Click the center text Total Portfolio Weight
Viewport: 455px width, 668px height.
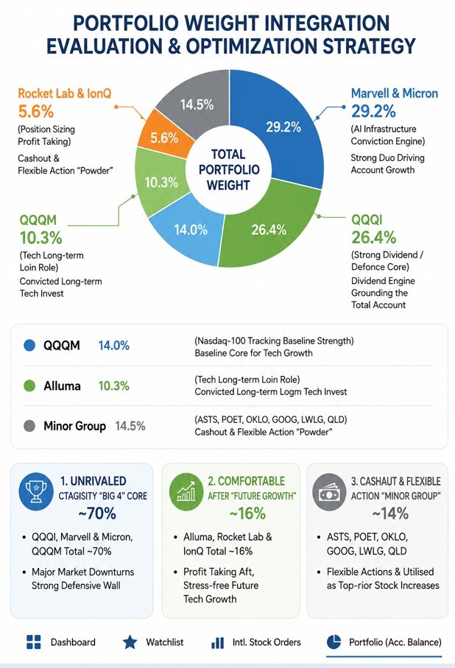click(229, 169)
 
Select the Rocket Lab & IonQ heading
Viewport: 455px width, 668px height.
click(64, 93)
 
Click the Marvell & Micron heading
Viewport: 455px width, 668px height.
click(395, 93)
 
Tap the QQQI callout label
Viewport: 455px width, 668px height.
click(367, 220)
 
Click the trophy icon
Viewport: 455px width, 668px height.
click(36, 492)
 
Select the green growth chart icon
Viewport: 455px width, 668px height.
click(186, 492)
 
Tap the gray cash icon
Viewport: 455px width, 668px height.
click(329, 492)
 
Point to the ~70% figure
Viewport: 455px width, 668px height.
click(97, 514)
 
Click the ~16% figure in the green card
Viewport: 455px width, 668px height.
click(247, 514)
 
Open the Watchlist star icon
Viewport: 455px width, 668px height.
click(130, 642)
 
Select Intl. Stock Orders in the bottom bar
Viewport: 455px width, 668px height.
click(256, 642)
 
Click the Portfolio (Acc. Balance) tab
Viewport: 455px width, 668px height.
click(384, 642)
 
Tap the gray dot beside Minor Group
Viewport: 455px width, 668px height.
click(29, 426)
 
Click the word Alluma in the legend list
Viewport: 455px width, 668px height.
click(62, 386)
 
